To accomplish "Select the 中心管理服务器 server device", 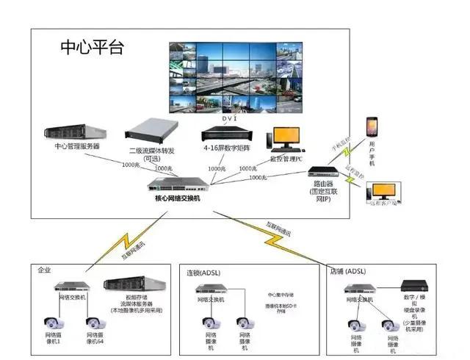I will tap(76, 132).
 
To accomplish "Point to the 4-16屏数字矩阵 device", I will tap(226, 135).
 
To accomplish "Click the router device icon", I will tap(322, 175).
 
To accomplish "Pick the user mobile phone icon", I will tap(372, 130).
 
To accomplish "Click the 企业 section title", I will tap(46, 270).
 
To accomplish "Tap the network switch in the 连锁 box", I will tap(211, 289).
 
